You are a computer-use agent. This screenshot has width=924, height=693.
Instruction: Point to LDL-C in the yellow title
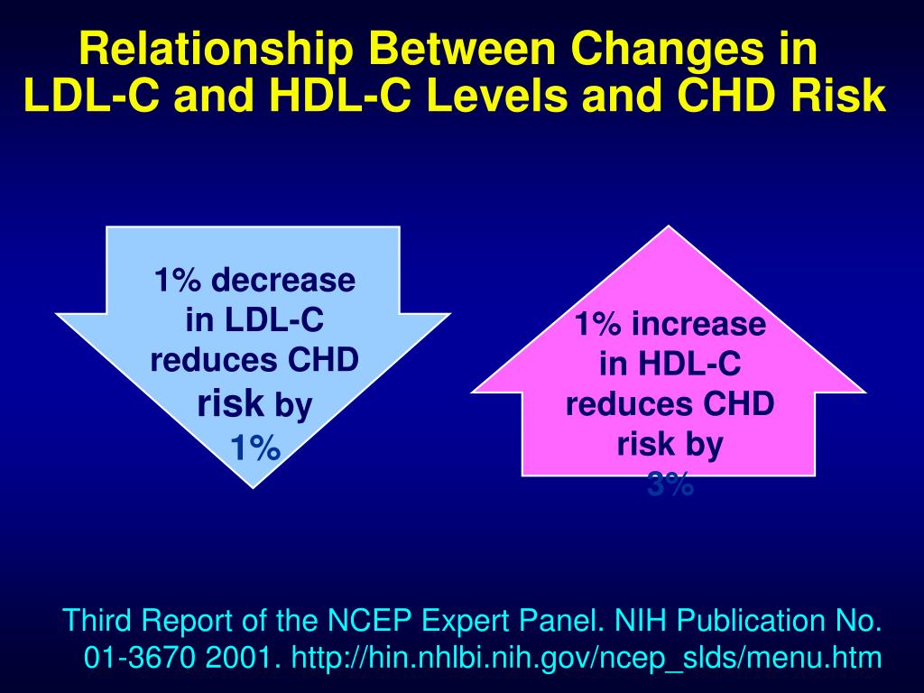pos(88,97)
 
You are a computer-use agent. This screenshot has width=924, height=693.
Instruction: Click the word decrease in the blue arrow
pos(282,281)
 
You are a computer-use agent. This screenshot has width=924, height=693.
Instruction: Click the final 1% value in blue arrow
pos(254,447)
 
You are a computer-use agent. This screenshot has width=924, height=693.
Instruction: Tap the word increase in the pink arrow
pos(698,324)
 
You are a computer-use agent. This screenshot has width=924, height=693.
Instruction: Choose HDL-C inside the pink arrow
pos(689,364)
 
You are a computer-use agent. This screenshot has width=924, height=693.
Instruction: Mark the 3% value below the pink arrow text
pos(670,486)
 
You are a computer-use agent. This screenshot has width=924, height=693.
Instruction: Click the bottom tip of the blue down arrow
pos(254,485)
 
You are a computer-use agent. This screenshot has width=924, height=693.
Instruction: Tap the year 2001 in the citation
pos(235,659)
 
